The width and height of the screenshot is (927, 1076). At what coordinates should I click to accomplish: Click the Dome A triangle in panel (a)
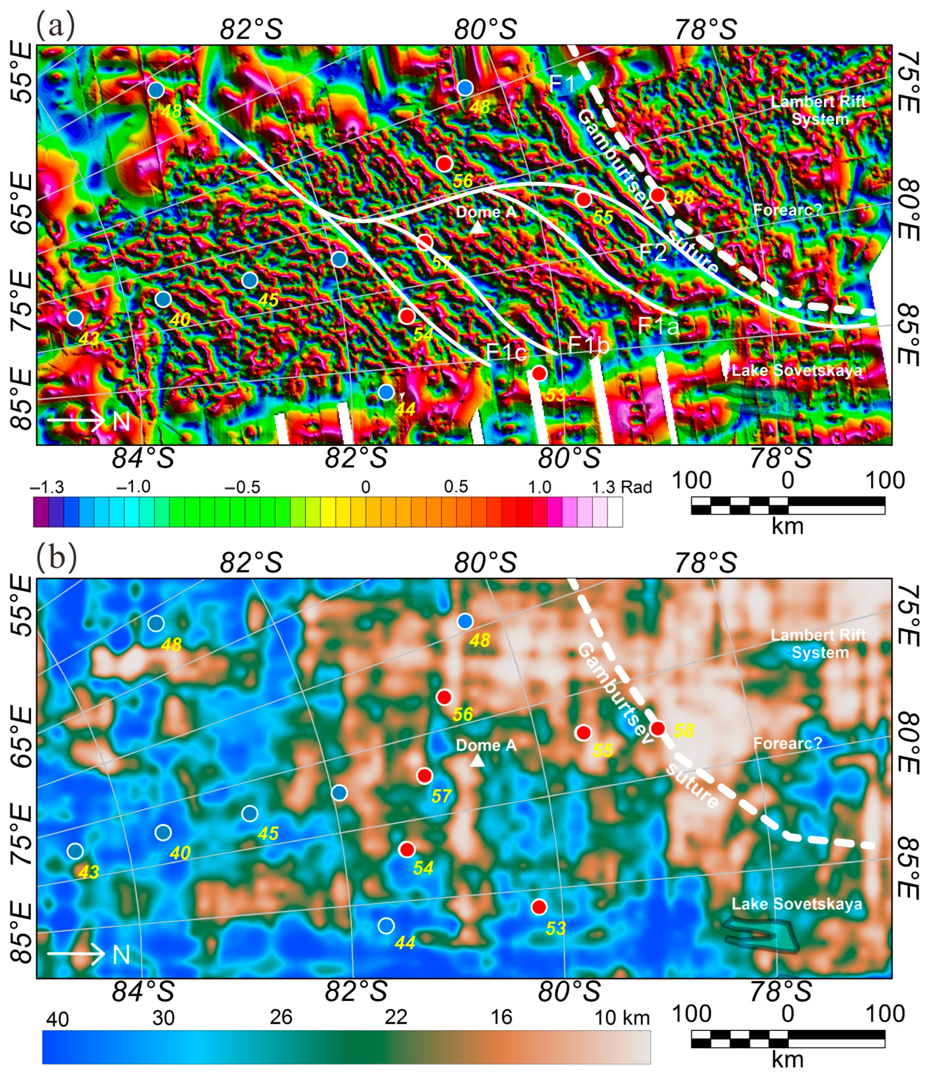[x=478, y=228]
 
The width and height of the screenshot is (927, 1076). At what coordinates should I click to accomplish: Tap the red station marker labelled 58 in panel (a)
[x=658, y=195]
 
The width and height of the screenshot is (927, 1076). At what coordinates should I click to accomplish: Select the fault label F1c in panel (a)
[x=507, y=353]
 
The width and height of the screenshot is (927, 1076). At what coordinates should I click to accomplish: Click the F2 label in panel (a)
[x=652, y=252]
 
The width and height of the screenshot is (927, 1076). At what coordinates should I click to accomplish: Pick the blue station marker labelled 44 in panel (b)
[x=386, y=926]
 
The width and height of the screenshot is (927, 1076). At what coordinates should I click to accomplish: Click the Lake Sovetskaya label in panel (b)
[x=797, y=904]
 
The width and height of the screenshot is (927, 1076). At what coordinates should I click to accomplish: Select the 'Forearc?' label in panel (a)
[x=788, y=210]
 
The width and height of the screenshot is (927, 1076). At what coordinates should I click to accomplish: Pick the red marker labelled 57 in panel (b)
[x=425, y=776]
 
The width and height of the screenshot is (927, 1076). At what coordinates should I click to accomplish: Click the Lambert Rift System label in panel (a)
[x=819, y=110]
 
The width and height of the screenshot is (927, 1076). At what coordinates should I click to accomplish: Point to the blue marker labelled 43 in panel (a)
[x=75, y=317]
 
